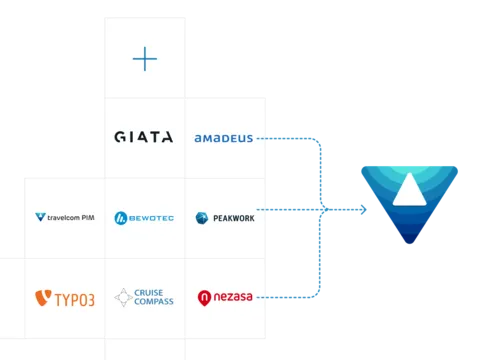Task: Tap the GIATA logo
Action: tap(144, 138)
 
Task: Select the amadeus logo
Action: tap(224, 138)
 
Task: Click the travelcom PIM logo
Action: tap(64, 217)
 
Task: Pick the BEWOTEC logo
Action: tap(144, 217)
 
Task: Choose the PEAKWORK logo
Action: tap(225, 217)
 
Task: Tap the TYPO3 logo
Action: tap(64, 297)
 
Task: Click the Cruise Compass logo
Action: tap(144, 297)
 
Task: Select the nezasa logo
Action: tap(225, 297)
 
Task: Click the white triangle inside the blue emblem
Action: tap(411, 190)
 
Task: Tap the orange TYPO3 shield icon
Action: tap(42, 297)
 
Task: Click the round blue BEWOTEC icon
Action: tap(121, 217)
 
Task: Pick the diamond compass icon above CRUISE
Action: tap(123, 297)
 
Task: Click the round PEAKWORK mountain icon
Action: tap(202, 217)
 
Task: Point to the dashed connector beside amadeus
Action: tap(263, 138)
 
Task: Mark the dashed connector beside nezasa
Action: tap(263, 297)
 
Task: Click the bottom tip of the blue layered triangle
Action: tap(411, 244)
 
